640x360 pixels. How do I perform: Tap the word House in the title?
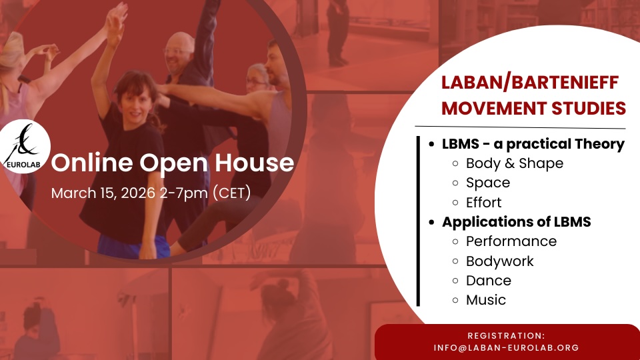254,163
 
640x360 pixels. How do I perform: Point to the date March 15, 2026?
103,193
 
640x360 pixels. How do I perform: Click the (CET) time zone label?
232,193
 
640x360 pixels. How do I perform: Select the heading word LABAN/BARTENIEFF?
530,83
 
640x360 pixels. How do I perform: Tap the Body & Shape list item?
514,163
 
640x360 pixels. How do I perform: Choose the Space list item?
488,183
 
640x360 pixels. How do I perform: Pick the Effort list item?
484,203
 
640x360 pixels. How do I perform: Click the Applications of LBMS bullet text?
516,221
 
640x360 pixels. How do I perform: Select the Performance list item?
511,241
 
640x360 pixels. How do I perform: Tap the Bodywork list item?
499,261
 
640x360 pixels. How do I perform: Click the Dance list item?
489,281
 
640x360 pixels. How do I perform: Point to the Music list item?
486,300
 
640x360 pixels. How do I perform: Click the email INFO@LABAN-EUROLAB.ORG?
506,348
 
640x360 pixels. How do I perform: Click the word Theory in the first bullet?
599,144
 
